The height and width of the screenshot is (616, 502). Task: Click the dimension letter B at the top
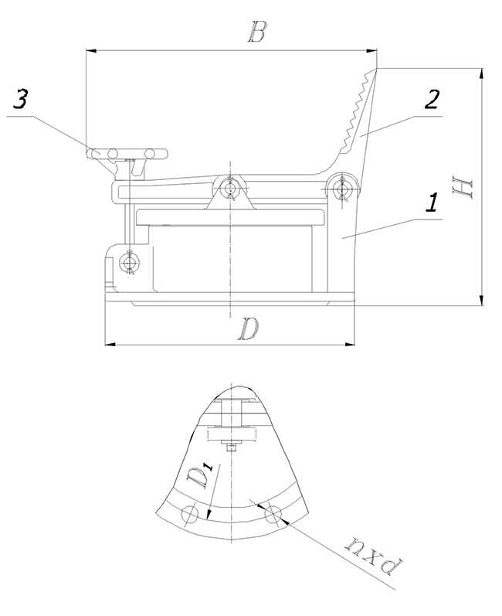(257, 32)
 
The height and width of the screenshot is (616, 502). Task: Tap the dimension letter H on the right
(463, 188)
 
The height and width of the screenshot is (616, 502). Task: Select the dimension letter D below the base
(249, 328)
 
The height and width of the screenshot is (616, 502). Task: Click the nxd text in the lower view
(373, 555)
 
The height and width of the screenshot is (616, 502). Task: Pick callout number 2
(432, 100)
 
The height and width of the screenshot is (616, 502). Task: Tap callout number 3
(19, 99)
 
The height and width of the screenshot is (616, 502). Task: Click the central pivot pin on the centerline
(230, 187)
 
